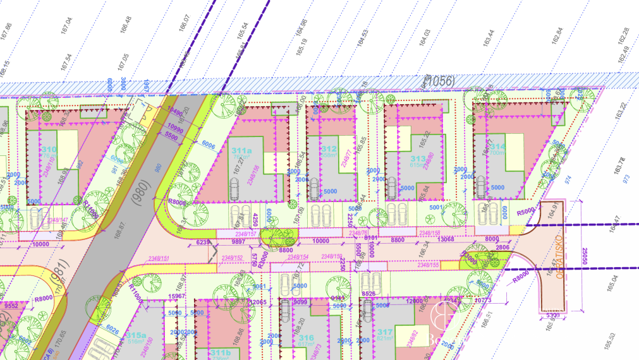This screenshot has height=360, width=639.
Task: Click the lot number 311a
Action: click(241, 151)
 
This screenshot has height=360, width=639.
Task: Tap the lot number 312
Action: click(329, 149)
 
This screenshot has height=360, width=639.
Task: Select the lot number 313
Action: click(418, 159)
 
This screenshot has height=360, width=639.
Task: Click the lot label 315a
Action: click(136, 335)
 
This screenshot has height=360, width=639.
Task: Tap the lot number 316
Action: click(307, 338)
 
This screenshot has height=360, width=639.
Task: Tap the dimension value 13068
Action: click(446, 238)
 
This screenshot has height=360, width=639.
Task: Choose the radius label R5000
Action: click(525, 212)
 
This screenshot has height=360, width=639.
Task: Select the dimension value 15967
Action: click(176, 296)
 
